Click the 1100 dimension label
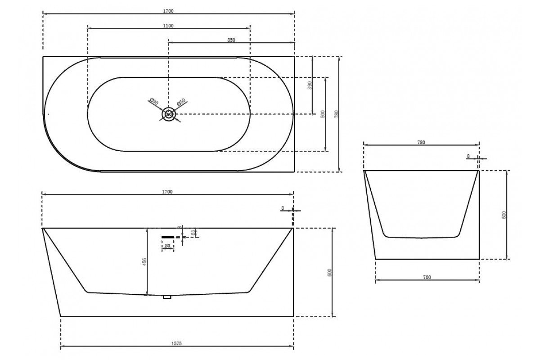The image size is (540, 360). (168, 26)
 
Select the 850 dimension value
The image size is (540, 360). (231, 40)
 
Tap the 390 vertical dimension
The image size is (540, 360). (310, 85)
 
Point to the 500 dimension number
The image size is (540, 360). (323, 114)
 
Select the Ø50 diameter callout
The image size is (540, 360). (181, 102)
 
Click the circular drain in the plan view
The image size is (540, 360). (169, 114)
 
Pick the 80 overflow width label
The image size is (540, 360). (167, 246)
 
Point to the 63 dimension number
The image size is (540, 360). (193, 233)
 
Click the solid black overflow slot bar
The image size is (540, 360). (168, 236)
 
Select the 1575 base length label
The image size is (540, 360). (176, 343)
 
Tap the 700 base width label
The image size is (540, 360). (427, 278)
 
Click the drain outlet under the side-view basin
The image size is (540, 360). (167, 297)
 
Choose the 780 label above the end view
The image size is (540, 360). (421, 142)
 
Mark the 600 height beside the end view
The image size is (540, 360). (504, 215)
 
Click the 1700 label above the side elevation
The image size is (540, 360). (167, 192)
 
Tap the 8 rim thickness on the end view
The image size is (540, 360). (468, 156)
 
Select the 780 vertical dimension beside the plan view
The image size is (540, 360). (336, 114)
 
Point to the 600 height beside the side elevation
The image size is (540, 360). (329, 272)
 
